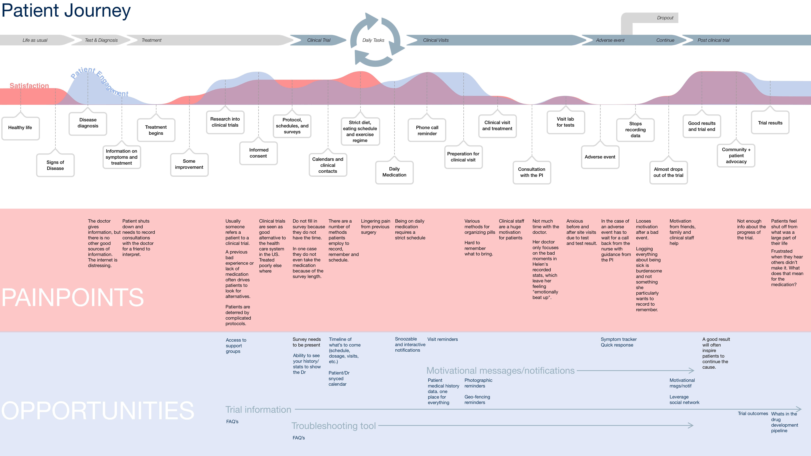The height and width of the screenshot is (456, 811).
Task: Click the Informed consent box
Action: [x=258, y=153]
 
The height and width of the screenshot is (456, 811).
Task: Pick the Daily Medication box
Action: [x=394, y=172]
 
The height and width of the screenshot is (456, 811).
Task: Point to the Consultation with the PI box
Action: [x=532, y=172]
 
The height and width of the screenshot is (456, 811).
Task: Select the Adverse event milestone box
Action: [x=600, y=157]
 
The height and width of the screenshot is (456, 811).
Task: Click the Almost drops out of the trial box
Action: [x=668, y=172]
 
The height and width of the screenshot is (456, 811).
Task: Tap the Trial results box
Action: [x=770, y=123]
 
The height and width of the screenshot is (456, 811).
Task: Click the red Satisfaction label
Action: [x=29, y=86]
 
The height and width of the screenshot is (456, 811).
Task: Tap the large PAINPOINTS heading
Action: [x=73, y=297]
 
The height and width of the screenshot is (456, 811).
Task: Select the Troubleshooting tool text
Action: [x=334, y=426]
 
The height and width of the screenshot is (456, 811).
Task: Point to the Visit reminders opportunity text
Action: [x=443, y=339]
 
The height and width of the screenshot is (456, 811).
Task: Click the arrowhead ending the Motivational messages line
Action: [x=691, y=371]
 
